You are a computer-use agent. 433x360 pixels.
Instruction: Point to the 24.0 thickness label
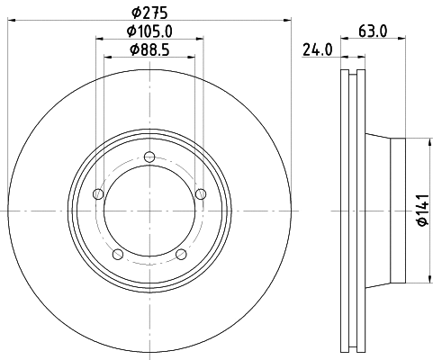pyautogui.click(x=317, y=50)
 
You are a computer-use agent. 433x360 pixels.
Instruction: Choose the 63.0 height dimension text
pyautogui.click(x=372, y=31)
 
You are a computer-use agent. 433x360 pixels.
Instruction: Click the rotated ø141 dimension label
pyautogui.click(x=420, y=211)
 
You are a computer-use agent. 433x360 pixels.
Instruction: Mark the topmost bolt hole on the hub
pyautogui.click(x=149, y=158)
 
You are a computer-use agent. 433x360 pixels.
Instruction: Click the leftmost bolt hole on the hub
pyautogui.click(x=99, y=194)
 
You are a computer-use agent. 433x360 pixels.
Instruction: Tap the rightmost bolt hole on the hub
pyautogui.click(x=200, y=193)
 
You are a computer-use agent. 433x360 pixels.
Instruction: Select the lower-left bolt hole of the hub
pyautogui.click(x=118, y=255)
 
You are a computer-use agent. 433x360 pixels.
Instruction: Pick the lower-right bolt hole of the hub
pyautogui.click(x=181, y=255)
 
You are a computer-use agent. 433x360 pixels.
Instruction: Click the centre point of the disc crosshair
pyautogui.click(x=149, y=211)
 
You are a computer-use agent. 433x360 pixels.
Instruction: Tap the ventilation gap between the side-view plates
pyautogui.click(x=351, y=211)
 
